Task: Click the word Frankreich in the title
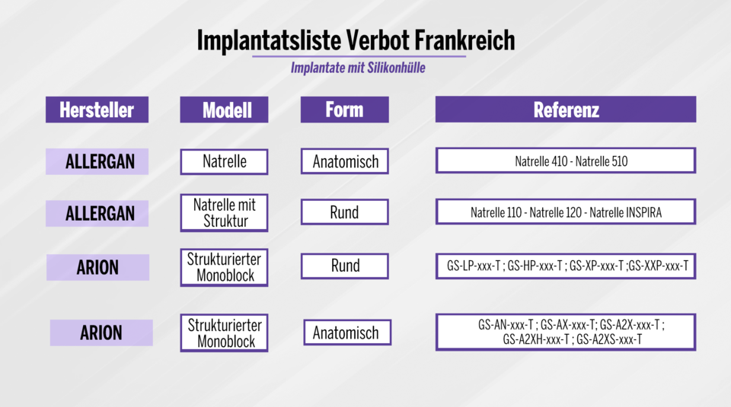(465, 40)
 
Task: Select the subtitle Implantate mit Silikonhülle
(358, 68)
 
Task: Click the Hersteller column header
(97, 110)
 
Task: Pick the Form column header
(344, 110)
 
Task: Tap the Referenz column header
(566, 110)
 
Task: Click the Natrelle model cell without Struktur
(224, 161)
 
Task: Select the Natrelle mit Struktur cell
(224, 213)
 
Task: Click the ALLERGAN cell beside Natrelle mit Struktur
(97, 214)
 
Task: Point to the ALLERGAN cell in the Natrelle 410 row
(97, 161)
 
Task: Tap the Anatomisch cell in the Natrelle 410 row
(344, 161)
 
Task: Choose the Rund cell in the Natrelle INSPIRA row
(344, 212)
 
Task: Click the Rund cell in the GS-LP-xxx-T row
(344, 266)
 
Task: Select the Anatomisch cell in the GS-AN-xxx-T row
(347, 332)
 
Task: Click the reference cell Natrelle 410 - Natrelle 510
(566, 161)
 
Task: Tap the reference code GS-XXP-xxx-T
(659, 266)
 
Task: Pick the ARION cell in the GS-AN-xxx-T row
(101, 332)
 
